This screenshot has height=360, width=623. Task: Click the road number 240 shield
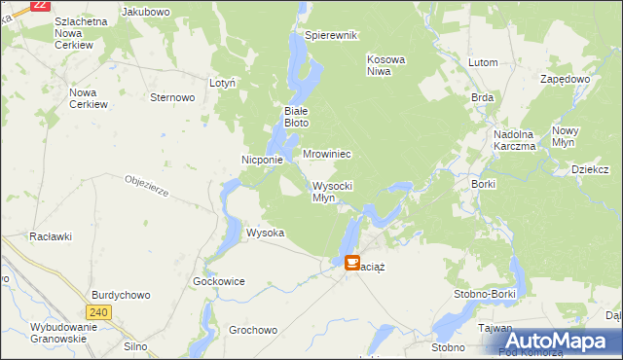pos(97,312)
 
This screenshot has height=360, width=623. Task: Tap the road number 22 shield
pos(40,5)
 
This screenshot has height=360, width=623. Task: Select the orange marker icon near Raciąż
pos(351,262)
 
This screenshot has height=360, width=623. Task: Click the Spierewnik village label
pos(332,35)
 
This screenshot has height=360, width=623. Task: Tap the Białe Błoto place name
pos(296,117)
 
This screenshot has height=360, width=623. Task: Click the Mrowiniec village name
pos(326,155)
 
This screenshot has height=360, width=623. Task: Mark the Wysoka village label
pos(265,234)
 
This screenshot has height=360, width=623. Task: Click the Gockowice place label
pos(219,281)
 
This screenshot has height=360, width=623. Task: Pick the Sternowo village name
pos(173,97)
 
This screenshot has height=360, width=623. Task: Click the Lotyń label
pos(223,84)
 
